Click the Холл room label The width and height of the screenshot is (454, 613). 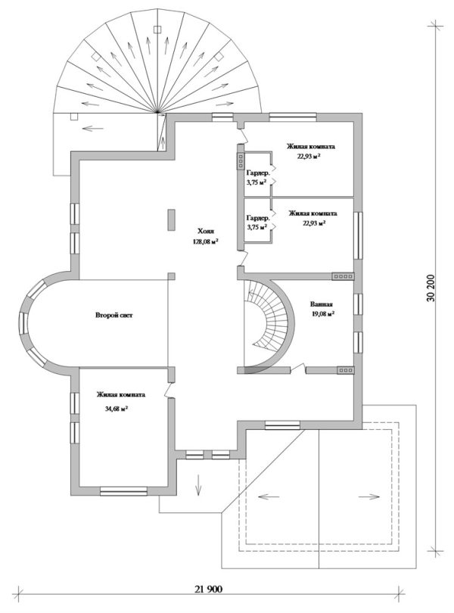tap(206, 231)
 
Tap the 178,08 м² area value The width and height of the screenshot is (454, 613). tap(205, 241)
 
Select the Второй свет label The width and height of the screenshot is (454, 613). tap(113, 315)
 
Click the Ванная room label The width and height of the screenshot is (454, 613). tap(322, 303)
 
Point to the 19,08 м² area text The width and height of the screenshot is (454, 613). tap(322, 313)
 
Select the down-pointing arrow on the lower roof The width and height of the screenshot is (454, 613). tap(197, 484)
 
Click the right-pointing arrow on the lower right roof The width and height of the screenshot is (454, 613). tap(369, 497)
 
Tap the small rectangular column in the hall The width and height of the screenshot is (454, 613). tap(171, 220)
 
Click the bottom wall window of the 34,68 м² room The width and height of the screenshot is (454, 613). tap(123, 491)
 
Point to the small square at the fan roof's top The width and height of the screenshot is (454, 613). tap(157, 29)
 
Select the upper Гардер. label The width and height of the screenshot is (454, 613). tap(258, 173)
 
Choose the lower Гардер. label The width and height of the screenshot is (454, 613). tap(258, 218)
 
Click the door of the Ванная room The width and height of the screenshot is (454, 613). tap(298, 368)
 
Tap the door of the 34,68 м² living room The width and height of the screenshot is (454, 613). tap(169, 390)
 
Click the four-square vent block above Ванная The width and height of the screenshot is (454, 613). tap(343, 276)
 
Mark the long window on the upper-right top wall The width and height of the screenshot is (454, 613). tap(293, 115)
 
